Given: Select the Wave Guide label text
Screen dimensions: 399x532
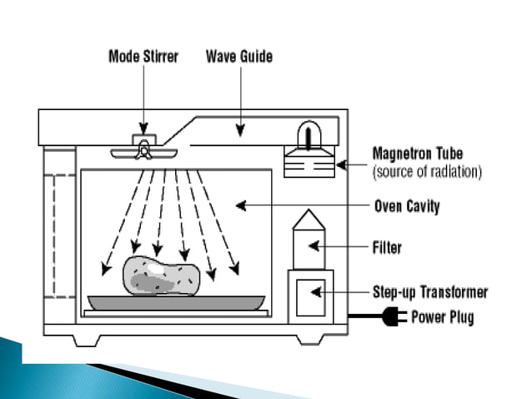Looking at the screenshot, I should coord(239,58).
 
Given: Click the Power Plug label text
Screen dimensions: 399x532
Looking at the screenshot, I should coord(443,318).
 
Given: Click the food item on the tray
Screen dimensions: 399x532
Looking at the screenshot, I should coord(161,275).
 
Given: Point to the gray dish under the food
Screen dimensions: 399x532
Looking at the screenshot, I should coord(176,301).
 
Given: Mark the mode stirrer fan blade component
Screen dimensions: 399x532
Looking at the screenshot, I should coord(144,151).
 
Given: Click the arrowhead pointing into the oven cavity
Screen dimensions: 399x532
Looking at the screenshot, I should coord(238,205).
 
